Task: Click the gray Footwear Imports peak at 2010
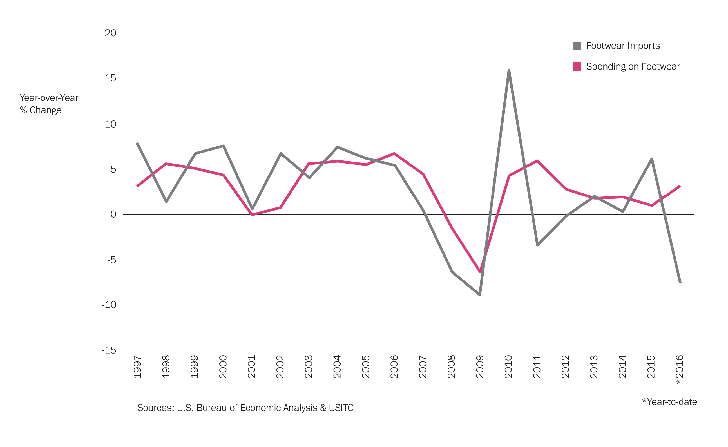tap(509, 70)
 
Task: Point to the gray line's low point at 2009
tap(480, 295)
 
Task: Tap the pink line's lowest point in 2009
tap(480, 272)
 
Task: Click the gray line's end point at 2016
tap(680, 283)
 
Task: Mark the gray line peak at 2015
tap(651, 159)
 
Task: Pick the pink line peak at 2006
tap(394, 153)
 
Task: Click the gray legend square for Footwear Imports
tap(577, 46)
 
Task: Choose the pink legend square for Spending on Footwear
tap(577, 66)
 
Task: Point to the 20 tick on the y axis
tap(111, 33)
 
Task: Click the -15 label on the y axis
tap(109, 350)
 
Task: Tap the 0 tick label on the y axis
tap(113, 214)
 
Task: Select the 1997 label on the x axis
tap(137, 367)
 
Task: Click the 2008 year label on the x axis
tap(451, 367)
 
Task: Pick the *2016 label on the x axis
tap(680, 370)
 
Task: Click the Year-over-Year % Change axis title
tap(49, 104)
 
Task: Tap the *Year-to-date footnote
tap(669, 402)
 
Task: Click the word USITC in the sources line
tap(341, 408)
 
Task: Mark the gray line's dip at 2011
tap(537, 245)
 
